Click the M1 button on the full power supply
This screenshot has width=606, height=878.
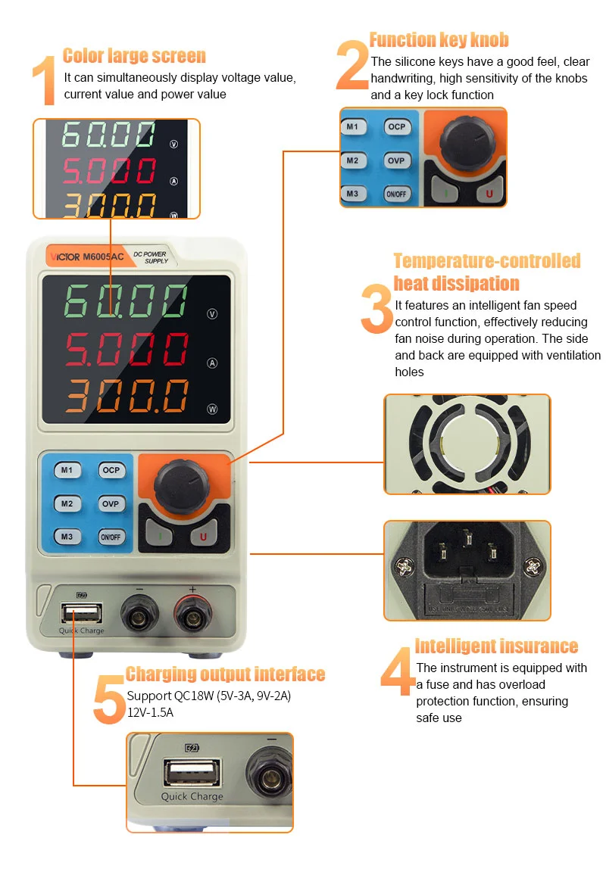tap(67, 470)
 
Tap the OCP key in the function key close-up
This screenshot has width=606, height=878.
tap(397, 127)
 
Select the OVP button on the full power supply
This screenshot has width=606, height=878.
tap(111, 504)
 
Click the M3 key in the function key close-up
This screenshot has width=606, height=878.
tap(352, 194)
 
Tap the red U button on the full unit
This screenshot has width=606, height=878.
tap(203, 537)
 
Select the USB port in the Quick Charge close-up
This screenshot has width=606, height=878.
tap(192, 773)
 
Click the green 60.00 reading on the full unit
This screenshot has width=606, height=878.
tap(125, 300)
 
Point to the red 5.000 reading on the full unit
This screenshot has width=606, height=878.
tap(127, 349)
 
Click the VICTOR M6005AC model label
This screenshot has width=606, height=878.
tap(87, 257)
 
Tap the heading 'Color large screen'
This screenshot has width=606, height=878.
tap(135, 56)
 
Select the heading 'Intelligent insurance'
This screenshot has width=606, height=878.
tap(496, 646)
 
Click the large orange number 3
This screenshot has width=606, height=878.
tap(377, 309)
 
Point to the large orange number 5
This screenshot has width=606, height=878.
tap(109, 699)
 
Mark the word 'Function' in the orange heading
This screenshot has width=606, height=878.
tap(402, 40)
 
